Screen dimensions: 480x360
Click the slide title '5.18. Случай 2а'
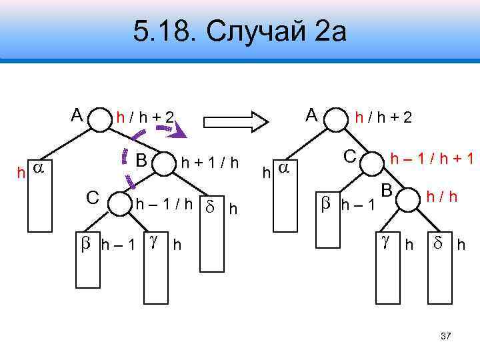(x=239, y=31)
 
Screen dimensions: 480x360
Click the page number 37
(x=446, y=337)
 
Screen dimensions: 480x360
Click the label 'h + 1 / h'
(x=209, y=163)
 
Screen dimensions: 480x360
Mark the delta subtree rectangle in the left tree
(x=212, y=237)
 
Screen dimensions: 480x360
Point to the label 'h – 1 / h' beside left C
(x=164, y=203)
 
